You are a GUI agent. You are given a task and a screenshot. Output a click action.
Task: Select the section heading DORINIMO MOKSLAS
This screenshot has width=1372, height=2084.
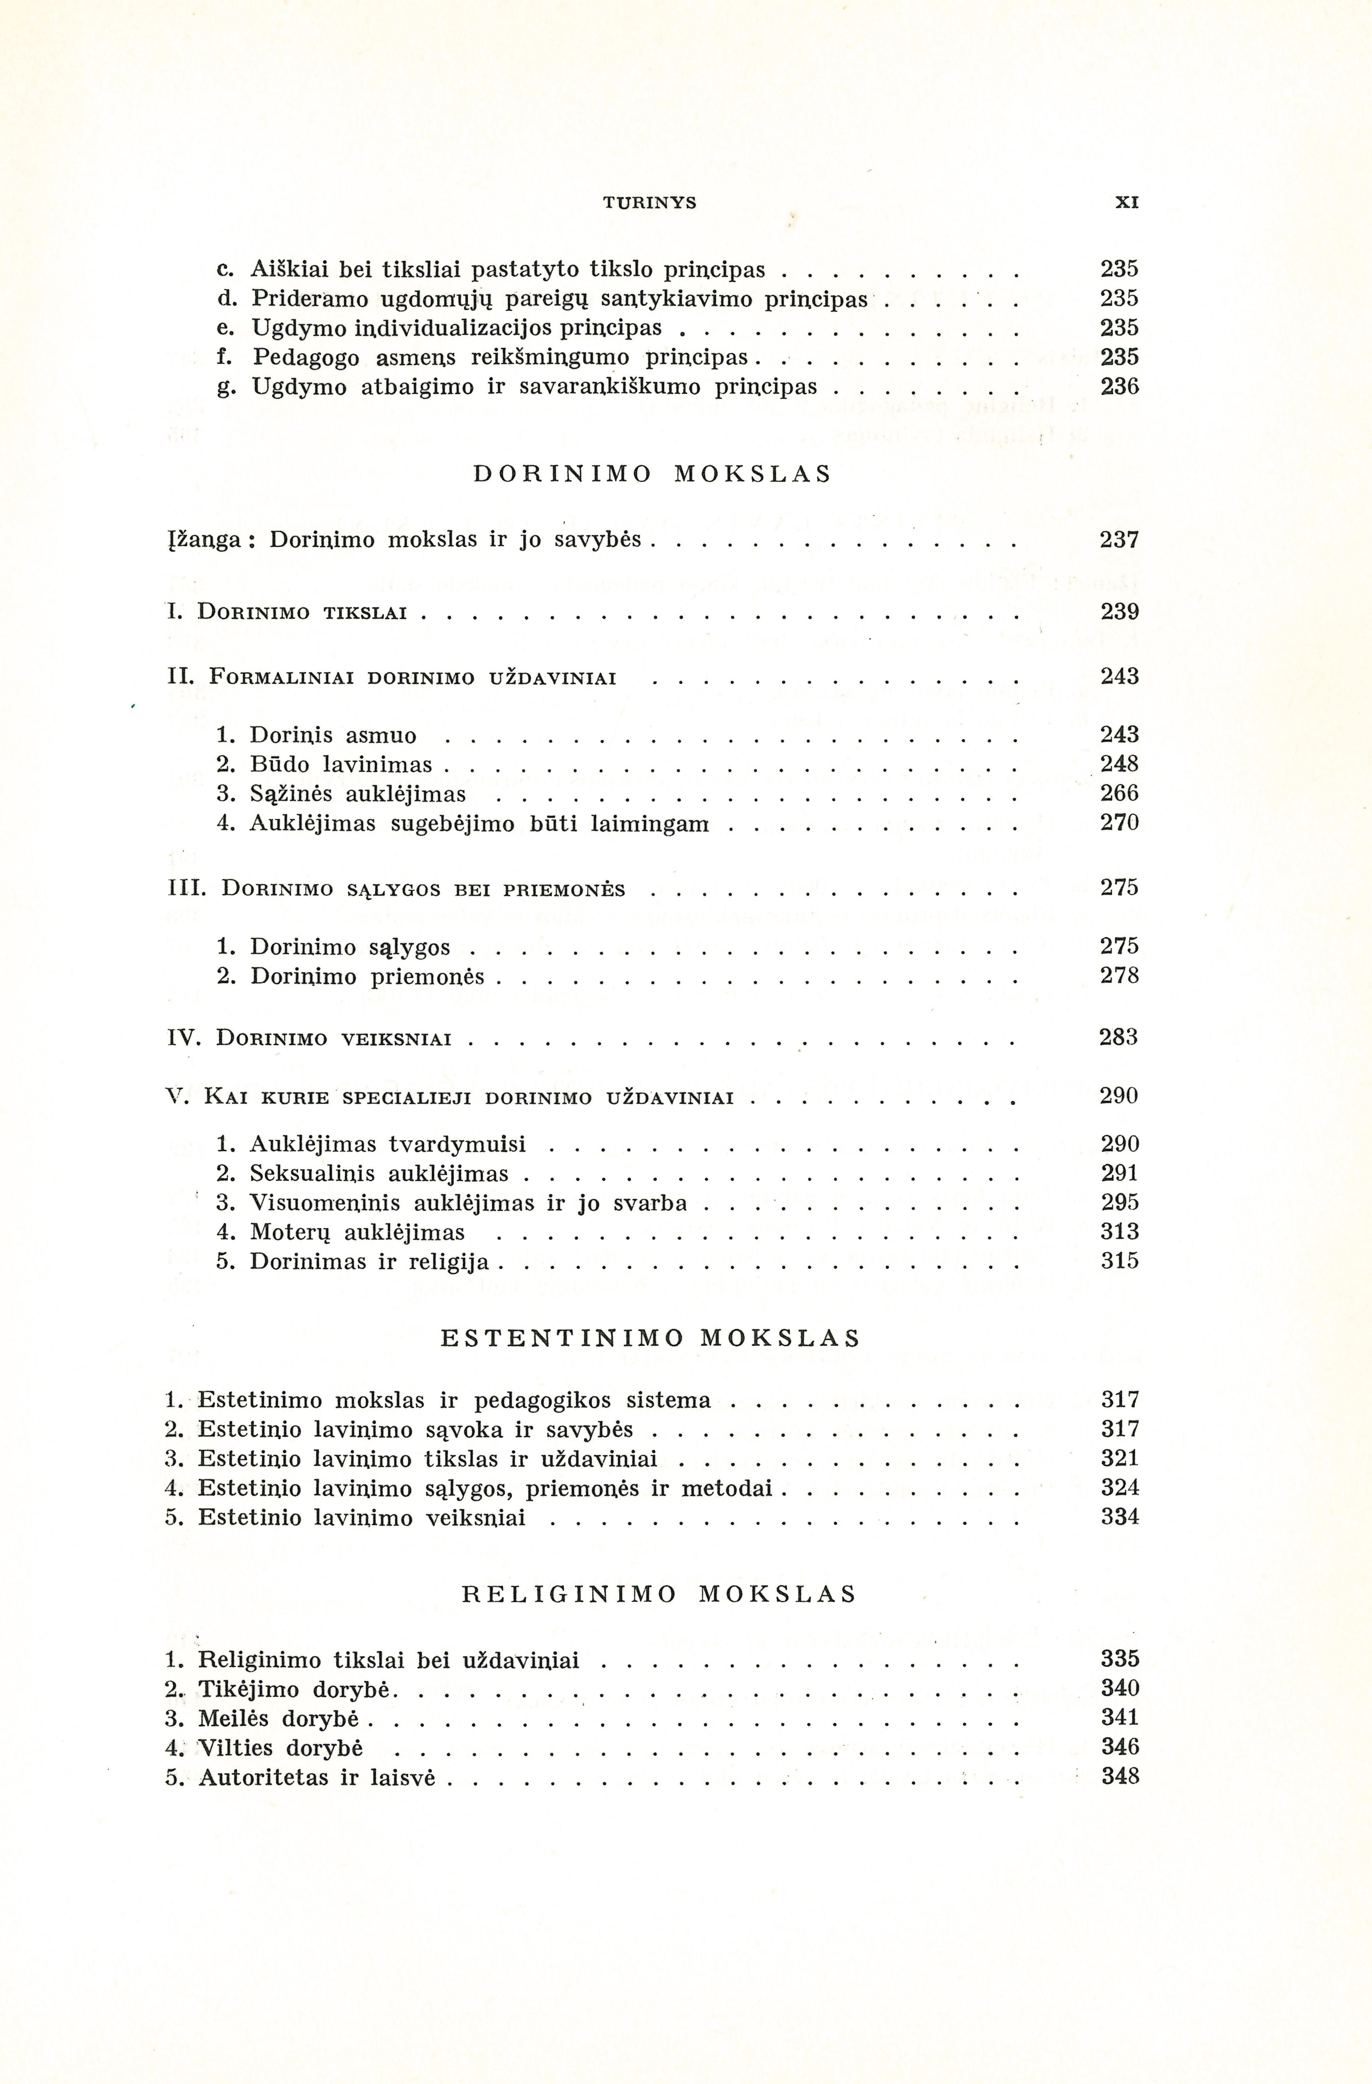651,475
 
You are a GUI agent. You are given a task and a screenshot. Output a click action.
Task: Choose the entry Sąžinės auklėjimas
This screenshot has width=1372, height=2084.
357,794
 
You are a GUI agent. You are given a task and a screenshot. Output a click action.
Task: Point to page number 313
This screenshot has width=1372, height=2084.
1120,1232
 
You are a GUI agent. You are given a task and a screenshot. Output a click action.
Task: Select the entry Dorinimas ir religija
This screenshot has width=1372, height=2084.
370,1262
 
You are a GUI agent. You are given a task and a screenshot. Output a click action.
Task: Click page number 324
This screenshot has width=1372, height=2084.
1120,1488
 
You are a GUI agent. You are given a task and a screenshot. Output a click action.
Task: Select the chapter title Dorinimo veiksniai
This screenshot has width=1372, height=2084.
334,1038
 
